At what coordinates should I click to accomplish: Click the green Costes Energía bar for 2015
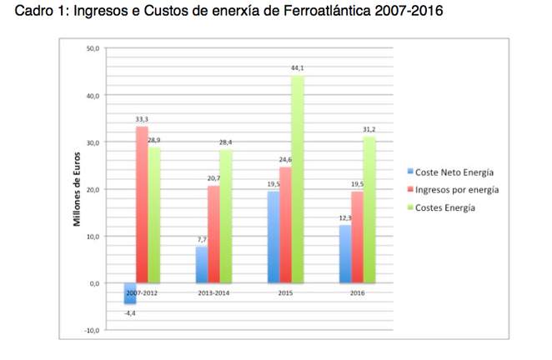tap(297, 179)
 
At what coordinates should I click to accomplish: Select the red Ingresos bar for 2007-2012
tap(142, 204)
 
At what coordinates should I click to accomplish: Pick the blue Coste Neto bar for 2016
tap(344, 254)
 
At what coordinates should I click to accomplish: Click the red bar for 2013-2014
tap(213, 234)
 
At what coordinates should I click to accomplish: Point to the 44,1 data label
tap(298, 68)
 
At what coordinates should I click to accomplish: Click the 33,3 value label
tap(142, 119)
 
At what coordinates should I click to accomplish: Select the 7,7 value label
tap(201, 239)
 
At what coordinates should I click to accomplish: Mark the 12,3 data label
tap(344, 218)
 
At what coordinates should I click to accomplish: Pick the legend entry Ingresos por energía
tap(455, 190)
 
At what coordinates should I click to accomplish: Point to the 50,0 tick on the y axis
tap(93, 49)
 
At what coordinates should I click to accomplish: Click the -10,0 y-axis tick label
tap(91, 331)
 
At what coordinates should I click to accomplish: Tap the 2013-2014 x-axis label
tap(213, 292)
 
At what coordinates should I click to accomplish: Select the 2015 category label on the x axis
tap(285, 292)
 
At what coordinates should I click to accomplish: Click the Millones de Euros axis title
tap(75, 189)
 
